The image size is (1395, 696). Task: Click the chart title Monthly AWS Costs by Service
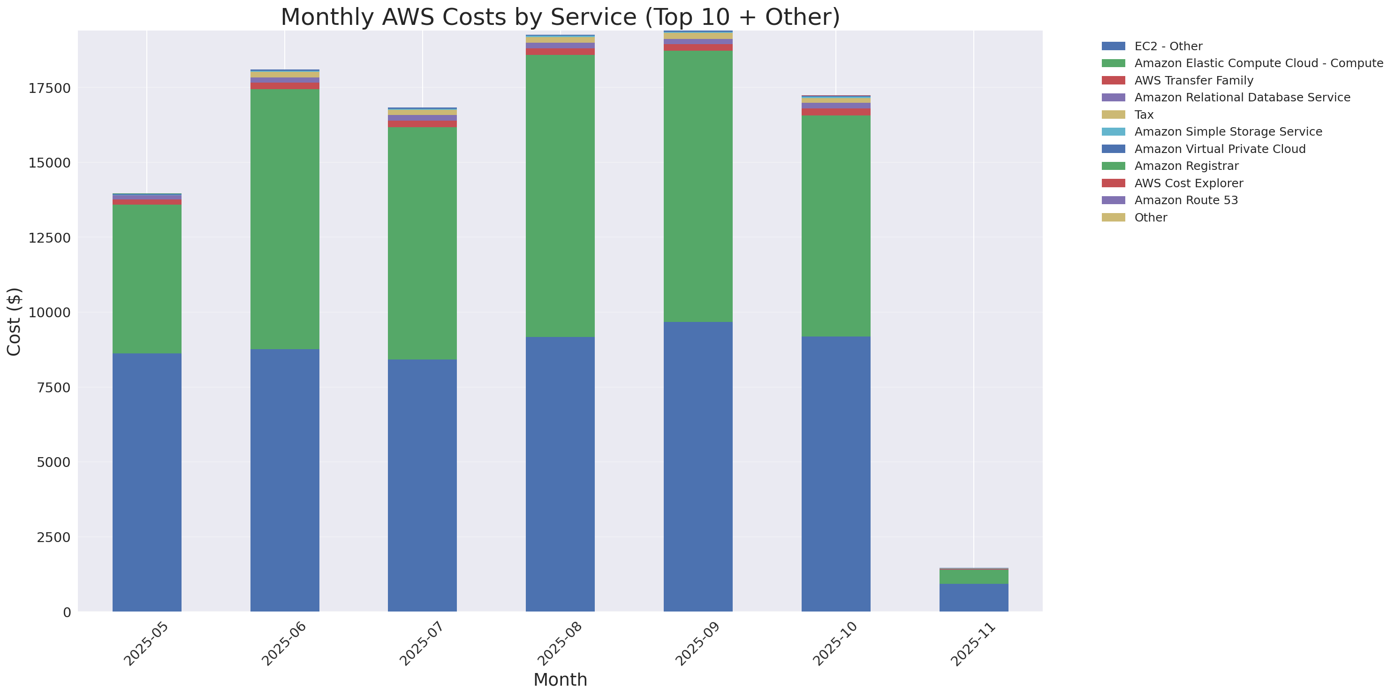[560, 17]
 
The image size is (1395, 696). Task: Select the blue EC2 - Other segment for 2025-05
[147, 482]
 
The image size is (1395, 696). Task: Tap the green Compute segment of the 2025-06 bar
[284, 219]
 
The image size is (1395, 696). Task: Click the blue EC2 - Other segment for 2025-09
[698, 467]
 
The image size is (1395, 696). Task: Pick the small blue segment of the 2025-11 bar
[974, 597]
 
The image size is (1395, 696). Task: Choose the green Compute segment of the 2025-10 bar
[835, 226]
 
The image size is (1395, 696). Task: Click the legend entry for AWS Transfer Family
[1194, 81]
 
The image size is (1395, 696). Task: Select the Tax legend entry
[1144, 115]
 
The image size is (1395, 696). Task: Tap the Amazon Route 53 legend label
[1186, 200]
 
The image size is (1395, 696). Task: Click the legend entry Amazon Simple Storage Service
[1228, 131]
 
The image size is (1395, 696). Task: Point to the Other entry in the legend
[1150, 218]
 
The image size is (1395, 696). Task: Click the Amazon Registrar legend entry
[1186, 166]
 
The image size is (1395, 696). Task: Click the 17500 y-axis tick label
[49, 88]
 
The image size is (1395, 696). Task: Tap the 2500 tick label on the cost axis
[53, 537]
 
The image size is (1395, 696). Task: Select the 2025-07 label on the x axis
[421, 643]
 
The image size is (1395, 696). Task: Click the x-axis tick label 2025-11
[972, 643]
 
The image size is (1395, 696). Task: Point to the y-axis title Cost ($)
[14, 321]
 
